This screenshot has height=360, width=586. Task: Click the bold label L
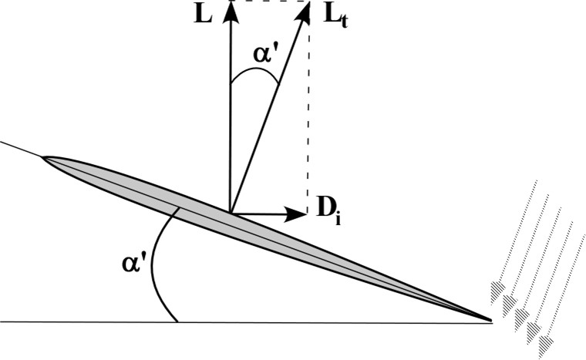(204, 15)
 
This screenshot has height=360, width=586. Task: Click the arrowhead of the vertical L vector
(230, 9)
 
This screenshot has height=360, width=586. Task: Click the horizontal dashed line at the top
(270, 2)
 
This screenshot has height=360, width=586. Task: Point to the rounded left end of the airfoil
(45, 160)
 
